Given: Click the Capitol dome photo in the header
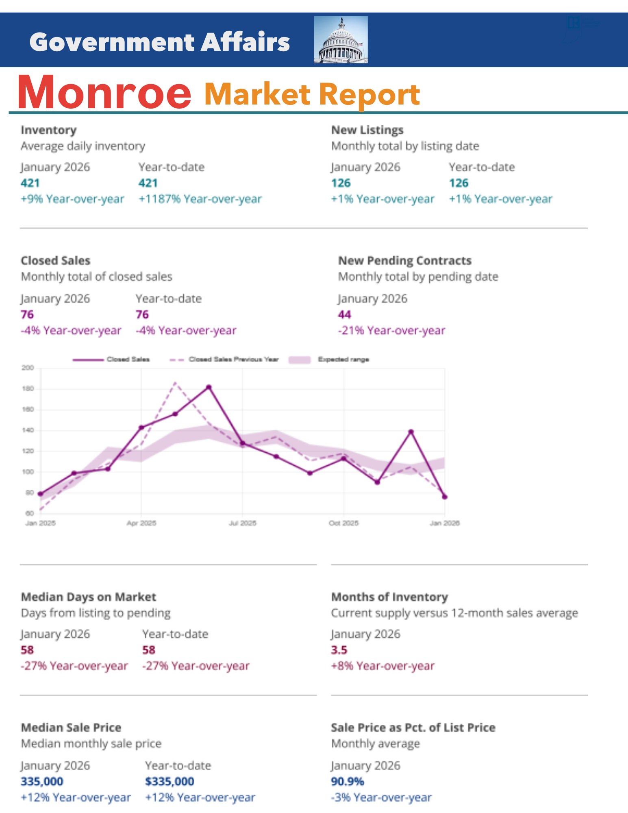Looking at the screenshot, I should pyautogui.click(x=341, y=40).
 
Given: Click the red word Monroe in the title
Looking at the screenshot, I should pyautogui.click(x=104, y=92).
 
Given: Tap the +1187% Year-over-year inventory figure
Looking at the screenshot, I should pyautogui.click(x=200, y=199).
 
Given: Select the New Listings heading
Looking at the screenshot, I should pyautogui.click(x=367, y=130).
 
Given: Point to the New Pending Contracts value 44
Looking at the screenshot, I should pyautogui.click(x=344, y=314).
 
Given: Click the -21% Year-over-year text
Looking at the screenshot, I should pyautogui.click(x=391, y=330).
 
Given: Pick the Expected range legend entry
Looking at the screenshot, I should pyautogui.click(x=343, y=360).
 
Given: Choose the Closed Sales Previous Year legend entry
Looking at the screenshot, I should pyautogui.click(x=233, y=360).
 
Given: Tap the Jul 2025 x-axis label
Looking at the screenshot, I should pyautogui.click(x=243, y=523).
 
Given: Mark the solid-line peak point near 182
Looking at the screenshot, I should pyautogui.click(x=209, y=387).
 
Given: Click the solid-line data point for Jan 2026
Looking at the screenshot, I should pyautogui.click(x=445, y=497).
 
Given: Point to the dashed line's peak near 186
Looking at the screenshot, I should pyautogui.click(x=175, y=382).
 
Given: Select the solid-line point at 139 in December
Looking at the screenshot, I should pyautogui.click(x=411, y=432).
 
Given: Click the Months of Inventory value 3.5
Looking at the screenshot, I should pyautogui.click(x=339, y=650).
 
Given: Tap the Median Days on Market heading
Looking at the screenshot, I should pyautogui.click(x=88, y=597).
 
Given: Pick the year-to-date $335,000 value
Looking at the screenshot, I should pyautogui.click(x=169, y=781).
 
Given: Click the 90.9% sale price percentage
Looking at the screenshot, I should pyautogui.click(x=348, y=781).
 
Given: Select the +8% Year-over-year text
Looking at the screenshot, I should pyautogui.click(x=382, y=666).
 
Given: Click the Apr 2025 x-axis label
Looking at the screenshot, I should pyautogui.click(x=141, y=523).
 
